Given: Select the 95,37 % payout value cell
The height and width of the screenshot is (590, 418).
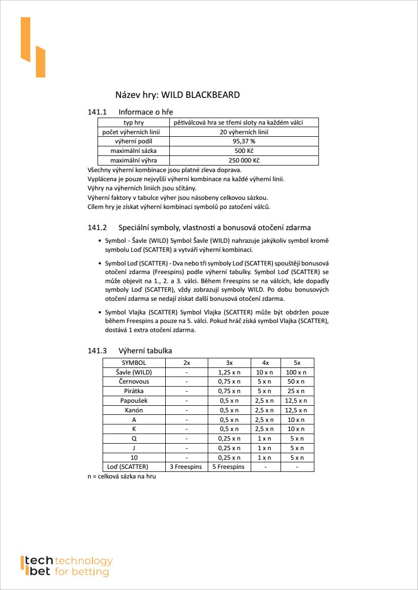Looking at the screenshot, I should pos(244,142).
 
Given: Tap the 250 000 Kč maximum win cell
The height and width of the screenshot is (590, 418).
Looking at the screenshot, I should pos(244,161).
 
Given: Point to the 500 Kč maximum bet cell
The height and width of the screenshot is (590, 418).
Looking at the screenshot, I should pos(244,151).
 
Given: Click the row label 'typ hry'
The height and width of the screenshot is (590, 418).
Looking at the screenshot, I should pos(133,123).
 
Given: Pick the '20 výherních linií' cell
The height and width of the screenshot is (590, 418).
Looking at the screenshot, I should pos(244,132).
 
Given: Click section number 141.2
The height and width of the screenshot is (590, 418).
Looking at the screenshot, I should pos(98,227).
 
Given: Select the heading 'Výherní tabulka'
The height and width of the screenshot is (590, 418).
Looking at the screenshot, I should pos(145,351).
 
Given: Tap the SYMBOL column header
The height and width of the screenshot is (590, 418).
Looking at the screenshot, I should pos(134,363).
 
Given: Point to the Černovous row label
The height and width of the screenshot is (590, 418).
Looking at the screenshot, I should pos(134,382).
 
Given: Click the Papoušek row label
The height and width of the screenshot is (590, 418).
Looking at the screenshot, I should pos(134,401).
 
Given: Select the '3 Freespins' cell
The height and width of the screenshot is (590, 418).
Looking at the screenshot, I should pos(185,467).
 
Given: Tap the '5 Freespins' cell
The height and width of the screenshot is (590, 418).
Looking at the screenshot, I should pos(228,467).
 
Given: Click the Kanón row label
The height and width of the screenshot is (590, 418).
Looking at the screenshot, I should pos(134,410).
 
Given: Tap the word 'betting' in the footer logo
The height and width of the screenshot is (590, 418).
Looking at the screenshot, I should pos(91,572).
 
